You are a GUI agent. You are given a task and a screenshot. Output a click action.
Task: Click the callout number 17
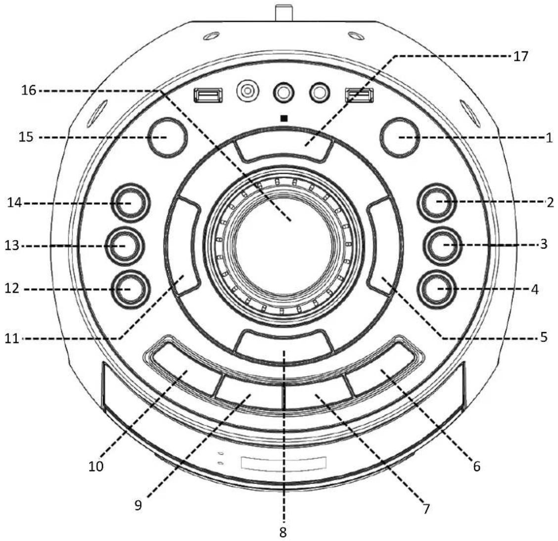pos(520,56)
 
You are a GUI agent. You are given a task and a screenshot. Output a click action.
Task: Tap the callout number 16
pos(29,90)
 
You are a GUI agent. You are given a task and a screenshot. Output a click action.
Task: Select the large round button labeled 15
pos(167,137)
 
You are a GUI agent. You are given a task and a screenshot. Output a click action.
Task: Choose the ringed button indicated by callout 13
pos(125,246)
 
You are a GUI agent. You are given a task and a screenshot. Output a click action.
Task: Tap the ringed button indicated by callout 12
pos(130,289)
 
